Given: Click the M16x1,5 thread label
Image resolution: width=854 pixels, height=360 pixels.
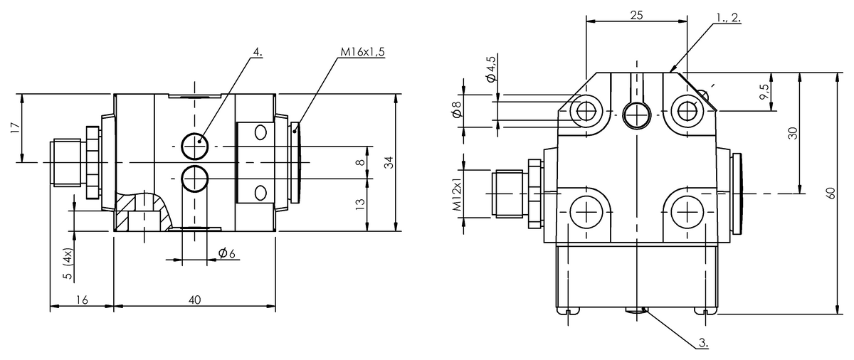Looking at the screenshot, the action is (362, 52).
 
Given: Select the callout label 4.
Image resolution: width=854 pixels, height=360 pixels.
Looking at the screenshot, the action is (258, 52).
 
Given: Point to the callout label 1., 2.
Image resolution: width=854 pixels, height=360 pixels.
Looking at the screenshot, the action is (728, 18).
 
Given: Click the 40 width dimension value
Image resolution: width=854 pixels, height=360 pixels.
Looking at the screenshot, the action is (194, 300).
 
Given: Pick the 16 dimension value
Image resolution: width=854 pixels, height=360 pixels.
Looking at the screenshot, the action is (82, 300).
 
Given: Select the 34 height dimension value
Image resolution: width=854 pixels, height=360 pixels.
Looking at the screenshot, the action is (389, 163).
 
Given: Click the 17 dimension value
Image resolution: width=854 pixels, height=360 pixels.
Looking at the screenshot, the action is (14, 128).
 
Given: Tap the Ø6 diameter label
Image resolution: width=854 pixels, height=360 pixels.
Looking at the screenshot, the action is (227, 253).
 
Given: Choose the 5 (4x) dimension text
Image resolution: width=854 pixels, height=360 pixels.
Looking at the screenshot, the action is (68, 264).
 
